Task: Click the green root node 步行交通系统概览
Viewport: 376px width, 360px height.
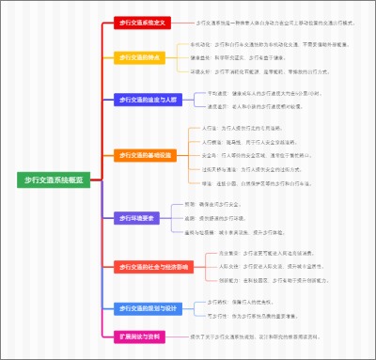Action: pyautogui.click(x=53, y=179)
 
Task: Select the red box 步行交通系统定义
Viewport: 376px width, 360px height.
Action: pyautogui.click(x=142, y=22)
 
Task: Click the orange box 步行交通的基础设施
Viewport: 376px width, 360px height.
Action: pyautogui.click(x=146, y=155)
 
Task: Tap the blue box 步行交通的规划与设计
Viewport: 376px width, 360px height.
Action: pyautogui.click(x=146, y=307)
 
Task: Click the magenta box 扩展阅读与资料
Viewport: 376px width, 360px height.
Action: pyautogui.click(x=140, y=336)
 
